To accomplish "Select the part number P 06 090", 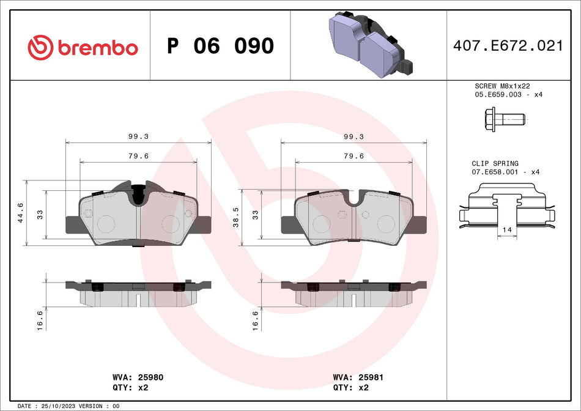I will pos(220,46).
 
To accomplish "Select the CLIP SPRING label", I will pos(495,164).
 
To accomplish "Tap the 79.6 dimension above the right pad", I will pos(353,156).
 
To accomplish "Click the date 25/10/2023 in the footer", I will pos(60,406).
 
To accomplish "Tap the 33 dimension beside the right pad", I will pos(256,214).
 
